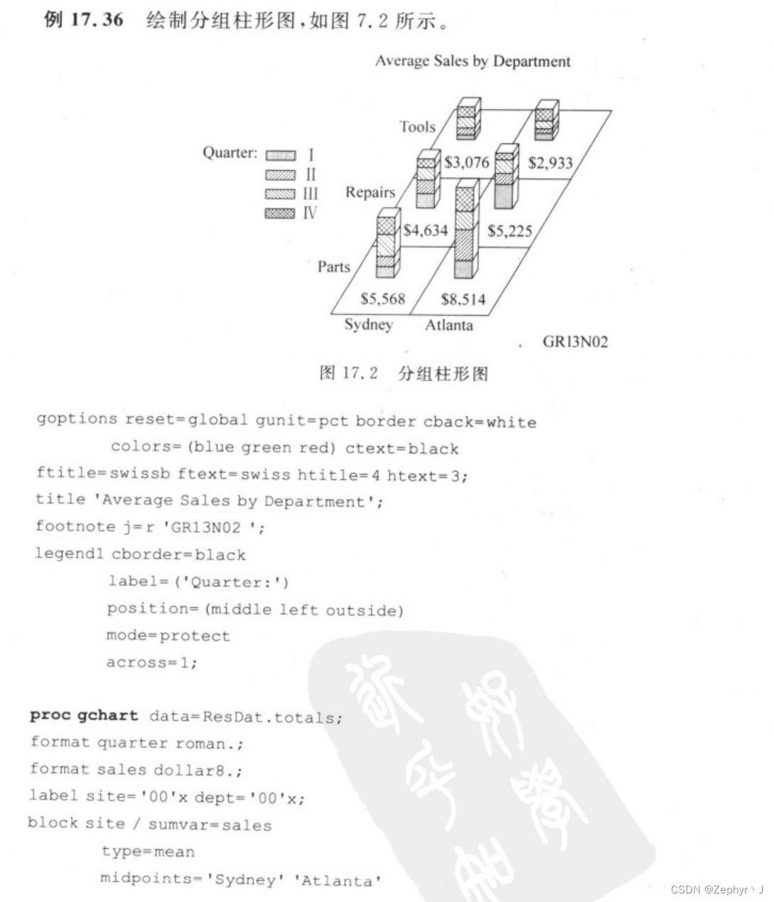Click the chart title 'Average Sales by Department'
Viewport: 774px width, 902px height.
pyautogui.click(x=473, y=61)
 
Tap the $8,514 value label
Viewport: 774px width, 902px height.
pyautogui.click(x=463, y=299)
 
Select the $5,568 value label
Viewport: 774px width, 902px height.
pyautogui.click(x=382, y=299)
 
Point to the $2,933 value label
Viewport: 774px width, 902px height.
pyautogui.click(x=550, y=163)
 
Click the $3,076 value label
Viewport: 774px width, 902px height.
pyautogui.click(x=467, y=162)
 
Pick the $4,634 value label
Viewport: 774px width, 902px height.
pyautogui.click(x=426, y=230)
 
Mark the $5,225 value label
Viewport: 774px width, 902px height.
pyautogui.click(x=510, y=231)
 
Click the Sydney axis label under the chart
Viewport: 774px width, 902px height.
pyautogui.click(x=368, y=325)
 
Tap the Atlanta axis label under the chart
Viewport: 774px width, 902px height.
pyautogui.click(x=448, y=326)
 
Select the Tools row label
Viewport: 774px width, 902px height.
pyautogui.click(x=417, y=127)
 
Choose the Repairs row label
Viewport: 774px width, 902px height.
pyautogui.click(x=370, y=192)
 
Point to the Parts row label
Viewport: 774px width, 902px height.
pyautogui.click(x=334, y=267)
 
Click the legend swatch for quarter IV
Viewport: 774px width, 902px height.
pyautogui.click(x=279, y=213)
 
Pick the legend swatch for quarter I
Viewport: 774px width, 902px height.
pyautogui.click(x=280, y=156)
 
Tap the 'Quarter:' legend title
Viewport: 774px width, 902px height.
pyautogui.click(x=230, y=153)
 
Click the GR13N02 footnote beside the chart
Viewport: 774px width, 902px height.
pyautogui.click(x=575, y=342)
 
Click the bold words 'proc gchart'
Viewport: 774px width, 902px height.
pyautogui.click(x=84, y=716)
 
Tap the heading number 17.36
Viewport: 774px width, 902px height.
pyautogui.click(x=97, y=19)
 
